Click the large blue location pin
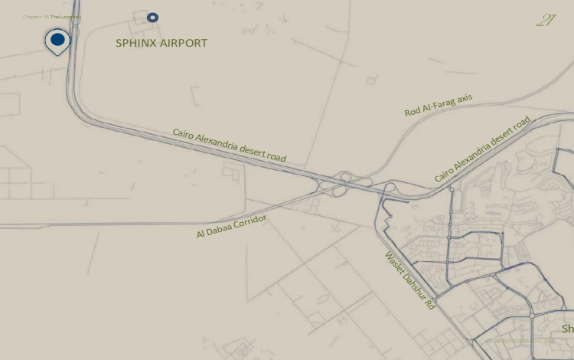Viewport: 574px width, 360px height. point(57,40)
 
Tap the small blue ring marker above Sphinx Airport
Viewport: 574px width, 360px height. point(153,17)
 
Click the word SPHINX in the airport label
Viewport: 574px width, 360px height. point(137,43)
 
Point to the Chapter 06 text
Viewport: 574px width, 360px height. point(36,16)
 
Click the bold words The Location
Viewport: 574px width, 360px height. point(66,16)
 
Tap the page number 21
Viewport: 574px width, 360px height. point(546,21)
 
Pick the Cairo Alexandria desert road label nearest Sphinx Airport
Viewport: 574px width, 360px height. point(229,146)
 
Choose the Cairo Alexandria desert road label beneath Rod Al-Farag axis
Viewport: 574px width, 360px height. point(482,149)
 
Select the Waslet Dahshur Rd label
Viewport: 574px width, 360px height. point(409,280)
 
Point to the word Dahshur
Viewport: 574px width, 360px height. point(413,283)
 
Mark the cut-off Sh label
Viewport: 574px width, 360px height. point(567,329)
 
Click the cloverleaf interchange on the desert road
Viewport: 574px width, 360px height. point(353,184)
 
